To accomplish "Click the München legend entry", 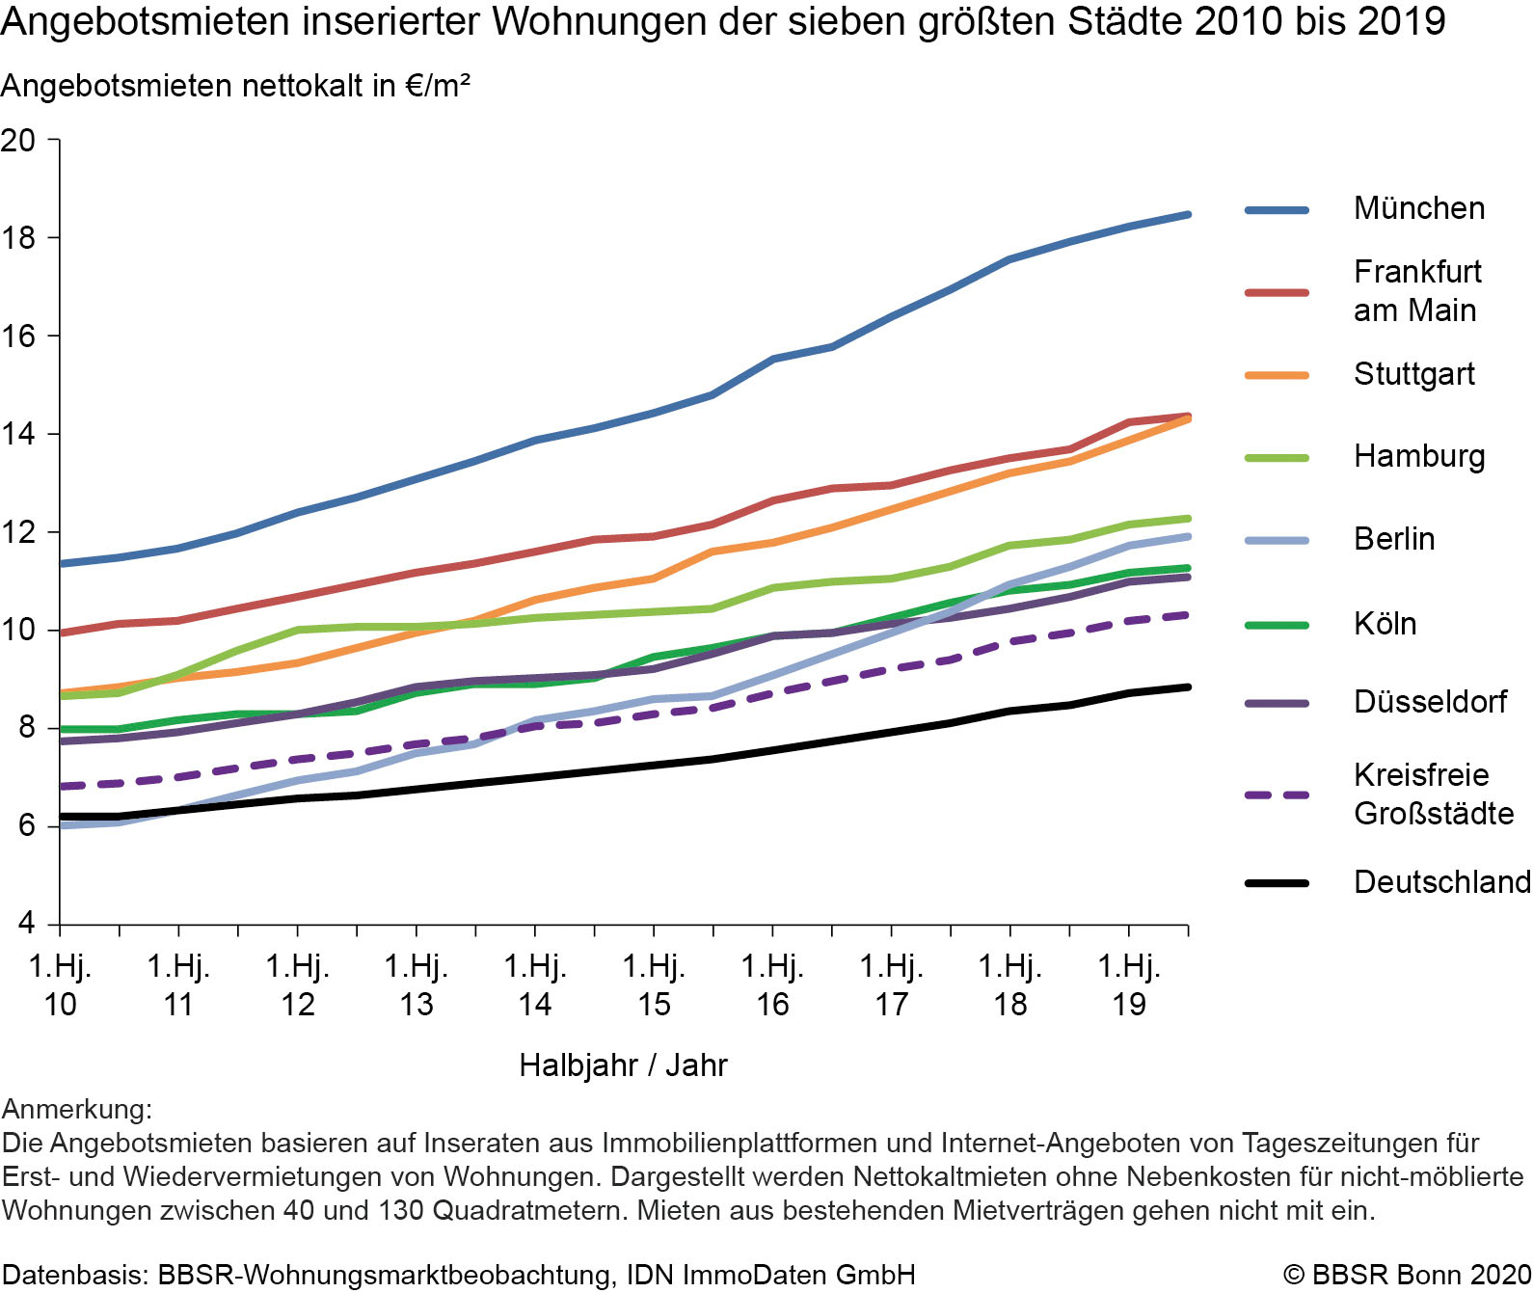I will click(x=1418, y=208).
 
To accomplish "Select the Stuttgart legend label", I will click(x=1413, y=374).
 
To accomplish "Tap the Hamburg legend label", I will click(x=1418, y=456).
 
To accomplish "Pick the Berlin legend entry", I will click(x=1393, y=539).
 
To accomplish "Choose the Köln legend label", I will click(x=1385, y=624).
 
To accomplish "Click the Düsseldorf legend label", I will click(x=1429, y=702).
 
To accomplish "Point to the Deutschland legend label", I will click(x=1441, y=881).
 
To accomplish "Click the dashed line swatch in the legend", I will click(x=1277, y=795).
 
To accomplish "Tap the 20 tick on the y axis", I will click(x=18, y=141).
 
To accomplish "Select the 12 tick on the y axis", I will click(x=18, y=532).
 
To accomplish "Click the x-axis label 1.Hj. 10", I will click(x=60, y=984).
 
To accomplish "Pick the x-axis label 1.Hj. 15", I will click(x=654, y=984).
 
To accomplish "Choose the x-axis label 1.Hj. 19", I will click(x=1129, y=984).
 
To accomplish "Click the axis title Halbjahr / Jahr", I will click(x=623, y=1064).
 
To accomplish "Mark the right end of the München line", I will click(x=1188, y=214).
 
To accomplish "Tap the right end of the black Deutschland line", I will click(x=1188, y=687).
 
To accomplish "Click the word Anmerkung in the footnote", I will click(x=76, y=1109).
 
